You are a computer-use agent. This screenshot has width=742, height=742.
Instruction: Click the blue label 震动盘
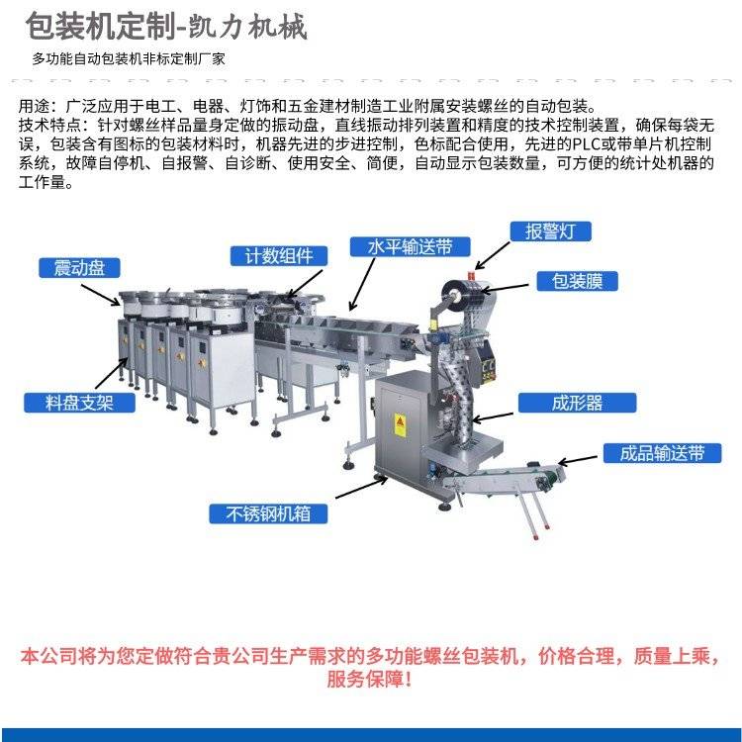[79, 268]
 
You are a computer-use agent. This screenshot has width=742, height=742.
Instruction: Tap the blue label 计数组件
[279, 256]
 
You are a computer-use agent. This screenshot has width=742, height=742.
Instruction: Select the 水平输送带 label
[410, 246]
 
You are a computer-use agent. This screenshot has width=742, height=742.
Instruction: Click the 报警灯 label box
[550, 232]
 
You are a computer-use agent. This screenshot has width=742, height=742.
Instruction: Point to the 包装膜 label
[577, 281]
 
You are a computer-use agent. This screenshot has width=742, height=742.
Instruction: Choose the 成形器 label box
[577, 403]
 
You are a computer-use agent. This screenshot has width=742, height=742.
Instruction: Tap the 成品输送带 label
[662, 453]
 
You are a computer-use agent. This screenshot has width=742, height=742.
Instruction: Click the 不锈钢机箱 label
[268, 513]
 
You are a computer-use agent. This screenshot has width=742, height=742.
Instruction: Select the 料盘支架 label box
[79, 403]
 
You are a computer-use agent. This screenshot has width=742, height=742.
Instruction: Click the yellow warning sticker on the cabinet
[400, 425]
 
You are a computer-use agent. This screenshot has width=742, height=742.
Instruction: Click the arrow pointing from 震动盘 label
[101, 295]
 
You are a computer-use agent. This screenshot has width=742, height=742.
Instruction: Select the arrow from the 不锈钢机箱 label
[361, 488]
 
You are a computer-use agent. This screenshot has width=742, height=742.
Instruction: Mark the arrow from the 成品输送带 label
[578, 460]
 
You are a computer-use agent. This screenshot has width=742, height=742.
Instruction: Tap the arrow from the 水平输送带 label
[362, 284]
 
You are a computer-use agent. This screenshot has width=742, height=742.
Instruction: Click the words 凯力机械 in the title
[248, 27]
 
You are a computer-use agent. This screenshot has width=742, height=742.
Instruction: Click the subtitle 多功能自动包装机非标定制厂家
[129, 59]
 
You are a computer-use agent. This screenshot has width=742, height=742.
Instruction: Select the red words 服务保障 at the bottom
[364, 679]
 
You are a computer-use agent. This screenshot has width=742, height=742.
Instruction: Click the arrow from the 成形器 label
[493, 417]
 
